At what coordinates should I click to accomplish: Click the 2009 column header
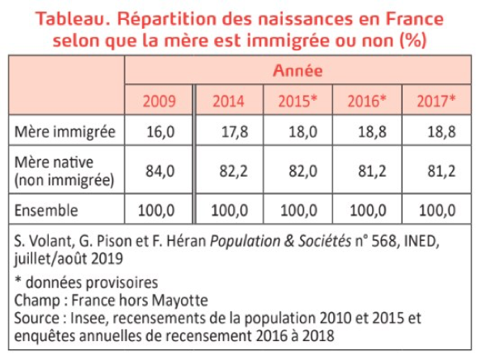[x=160, y=101]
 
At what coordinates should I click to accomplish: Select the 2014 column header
[x=229, y=101]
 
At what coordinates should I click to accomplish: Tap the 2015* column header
[x=298, y=101]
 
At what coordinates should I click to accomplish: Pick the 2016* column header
[x=367, y=101]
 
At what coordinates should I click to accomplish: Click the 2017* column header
[x=436, y=101]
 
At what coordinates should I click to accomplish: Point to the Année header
[x=298, y=70]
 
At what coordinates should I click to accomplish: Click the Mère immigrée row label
[x=64, y=132]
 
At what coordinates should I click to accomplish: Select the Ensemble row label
[x=46, y=211]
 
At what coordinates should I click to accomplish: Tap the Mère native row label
[x=64, y=171]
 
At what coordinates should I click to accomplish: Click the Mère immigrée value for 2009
[x=160, y=132]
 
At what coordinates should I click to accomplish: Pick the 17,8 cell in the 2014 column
[x=235, y=132]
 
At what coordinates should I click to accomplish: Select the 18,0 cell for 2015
[x=303, y=132]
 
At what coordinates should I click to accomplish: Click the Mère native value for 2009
[x=160, y=171]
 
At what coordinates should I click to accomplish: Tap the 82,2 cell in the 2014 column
[x=233, y=171]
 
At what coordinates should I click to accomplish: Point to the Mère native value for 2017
[x=441, y=171]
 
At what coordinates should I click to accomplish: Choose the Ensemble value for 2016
[x=368, y=211]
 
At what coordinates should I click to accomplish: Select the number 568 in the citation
[x=385, y=241]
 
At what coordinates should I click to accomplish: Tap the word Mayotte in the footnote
[x=180, y=301]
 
